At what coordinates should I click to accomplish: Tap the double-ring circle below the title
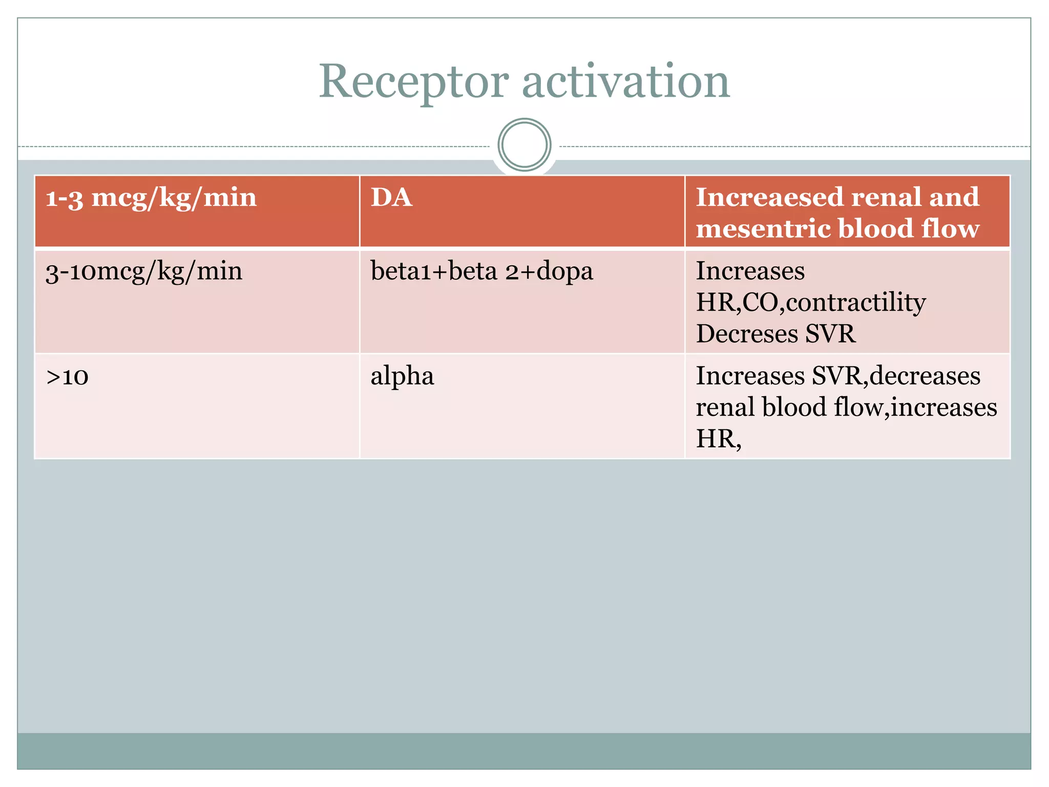tap(524, 145)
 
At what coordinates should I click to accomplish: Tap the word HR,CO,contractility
tap(810, 302)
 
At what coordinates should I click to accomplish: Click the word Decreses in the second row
tap(747, 334)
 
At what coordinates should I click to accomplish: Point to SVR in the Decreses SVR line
tap(830, 334)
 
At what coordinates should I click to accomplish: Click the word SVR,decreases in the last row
tap(896, 376)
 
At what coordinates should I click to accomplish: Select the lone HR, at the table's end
tap(718, 439)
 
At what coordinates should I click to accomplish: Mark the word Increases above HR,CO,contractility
tap(750, 271)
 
